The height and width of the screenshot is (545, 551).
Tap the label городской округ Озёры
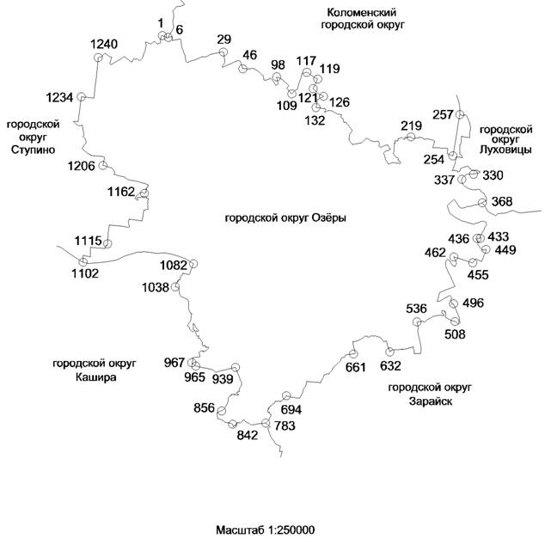click(x=285, y=218)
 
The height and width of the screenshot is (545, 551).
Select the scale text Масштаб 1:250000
click(x=266, y=530)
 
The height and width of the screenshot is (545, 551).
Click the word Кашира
click(x=96, y=377)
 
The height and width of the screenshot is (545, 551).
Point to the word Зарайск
click(x=431, y=401)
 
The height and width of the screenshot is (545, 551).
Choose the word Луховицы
click(x=505, y=150)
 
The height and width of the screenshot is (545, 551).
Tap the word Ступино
click(x=33, y=150)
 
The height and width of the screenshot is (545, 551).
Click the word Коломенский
click(x=362, y=13)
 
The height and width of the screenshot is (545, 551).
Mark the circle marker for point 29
click(x=223, y=52)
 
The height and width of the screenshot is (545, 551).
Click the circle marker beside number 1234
click(x=81, y=96)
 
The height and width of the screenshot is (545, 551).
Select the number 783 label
click(x=285, y=426)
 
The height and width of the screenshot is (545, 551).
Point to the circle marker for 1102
click(x=83, y=262)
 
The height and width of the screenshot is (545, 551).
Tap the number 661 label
click(x=356, y=368)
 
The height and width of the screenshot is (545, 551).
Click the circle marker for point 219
click(x=411, y=137)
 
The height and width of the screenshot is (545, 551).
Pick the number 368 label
click(x=502, y=202)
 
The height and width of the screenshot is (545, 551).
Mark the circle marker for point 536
click(x=417, y=321)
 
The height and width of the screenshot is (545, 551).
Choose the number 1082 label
click(x=174, y=266)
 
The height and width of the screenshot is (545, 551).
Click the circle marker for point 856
click(x=222, y=411)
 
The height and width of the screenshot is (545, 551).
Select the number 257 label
click(x=443, y=115)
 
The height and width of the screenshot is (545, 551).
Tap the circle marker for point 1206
click(x=102, y=165)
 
